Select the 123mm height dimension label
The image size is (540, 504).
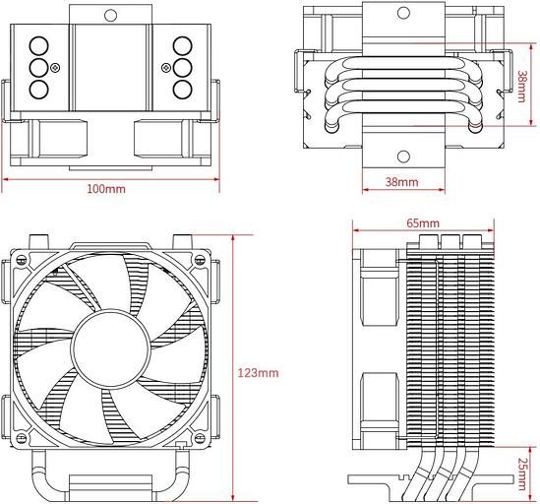tap(258, 373)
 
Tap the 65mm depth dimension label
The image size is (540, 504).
tap(422, 223)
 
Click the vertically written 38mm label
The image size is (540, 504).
tap(521, 88)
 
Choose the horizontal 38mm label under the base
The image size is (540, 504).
tap(400, 183)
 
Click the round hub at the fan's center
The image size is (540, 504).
tap(111, 349)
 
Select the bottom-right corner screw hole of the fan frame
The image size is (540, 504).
tap(203, 439)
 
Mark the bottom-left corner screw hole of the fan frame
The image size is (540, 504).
tap(21, 439)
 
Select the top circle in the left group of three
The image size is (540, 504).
tap(40, 46)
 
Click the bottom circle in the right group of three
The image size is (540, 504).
tap(182, 89)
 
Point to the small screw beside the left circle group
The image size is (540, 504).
tap(56, 68)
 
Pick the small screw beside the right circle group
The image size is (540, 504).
tap(166, 68)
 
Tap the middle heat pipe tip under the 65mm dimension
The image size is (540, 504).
tap(451, 241)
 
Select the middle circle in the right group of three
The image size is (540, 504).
tap(182, 67)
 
